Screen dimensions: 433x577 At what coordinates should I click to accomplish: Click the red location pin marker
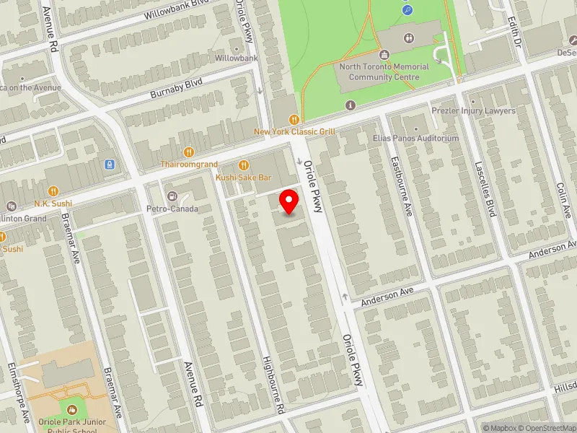click(289, 201)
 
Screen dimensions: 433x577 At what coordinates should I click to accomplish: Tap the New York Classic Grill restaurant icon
click(294, 120)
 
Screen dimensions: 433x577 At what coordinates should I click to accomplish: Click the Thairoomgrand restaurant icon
click(188, 152)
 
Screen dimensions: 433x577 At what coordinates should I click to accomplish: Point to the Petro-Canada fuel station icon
click(172, 196)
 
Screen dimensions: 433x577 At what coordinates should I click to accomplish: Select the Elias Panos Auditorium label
click(415, 138)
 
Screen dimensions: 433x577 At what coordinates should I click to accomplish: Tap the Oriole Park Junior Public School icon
click(71, 411)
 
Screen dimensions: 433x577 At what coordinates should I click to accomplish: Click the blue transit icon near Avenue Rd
click(110, 165)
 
